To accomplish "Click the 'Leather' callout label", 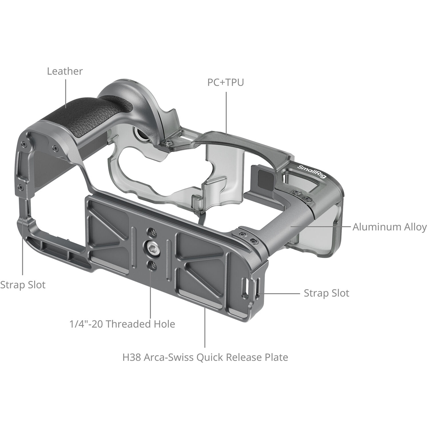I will click(x=65, y=71).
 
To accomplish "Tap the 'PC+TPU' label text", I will click(x=226, y=82).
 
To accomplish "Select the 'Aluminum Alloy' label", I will click(x=390, y=227).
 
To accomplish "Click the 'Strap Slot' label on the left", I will click(x=23, y=285).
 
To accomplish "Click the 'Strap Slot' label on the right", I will click(x=326, y=293).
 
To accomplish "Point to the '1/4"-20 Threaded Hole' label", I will click(x=122, y=324).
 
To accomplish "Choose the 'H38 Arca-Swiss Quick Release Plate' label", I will click(x=205, y=357).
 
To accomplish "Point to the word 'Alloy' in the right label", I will click(x=414, y=227).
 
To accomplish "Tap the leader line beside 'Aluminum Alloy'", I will click(x=320, y=227).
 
